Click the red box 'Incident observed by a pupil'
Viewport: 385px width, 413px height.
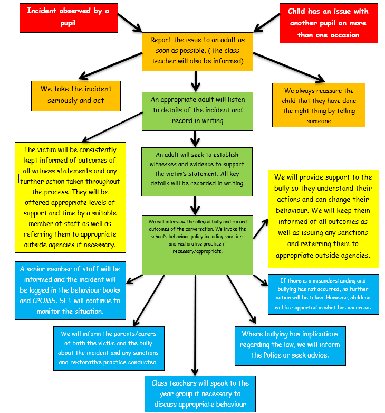coord(69,18)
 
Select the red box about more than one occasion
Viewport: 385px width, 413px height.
coord(329,23)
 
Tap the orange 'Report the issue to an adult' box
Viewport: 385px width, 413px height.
coord(197,52)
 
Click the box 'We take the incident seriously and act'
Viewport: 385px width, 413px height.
coord(76,96)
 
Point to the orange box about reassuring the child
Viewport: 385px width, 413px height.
coord(319,105)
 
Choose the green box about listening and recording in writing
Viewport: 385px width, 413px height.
coord(197,111)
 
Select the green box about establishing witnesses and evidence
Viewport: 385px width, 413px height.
coord(197,172)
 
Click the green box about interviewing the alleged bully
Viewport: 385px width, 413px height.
coord(197,245)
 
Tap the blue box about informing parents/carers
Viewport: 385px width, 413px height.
coord(109,349)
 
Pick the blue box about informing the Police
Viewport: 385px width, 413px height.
coord(290,346)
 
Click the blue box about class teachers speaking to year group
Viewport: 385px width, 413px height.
coord(200,394)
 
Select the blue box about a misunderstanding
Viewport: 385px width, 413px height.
coord(323,294)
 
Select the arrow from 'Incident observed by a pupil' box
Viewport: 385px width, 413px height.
coord(130,23)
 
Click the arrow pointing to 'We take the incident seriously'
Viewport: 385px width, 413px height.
coord(110,66)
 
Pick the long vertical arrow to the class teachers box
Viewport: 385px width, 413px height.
coord(195,325)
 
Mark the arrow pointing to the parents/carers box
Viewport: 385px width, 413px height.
coord(149,301)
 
